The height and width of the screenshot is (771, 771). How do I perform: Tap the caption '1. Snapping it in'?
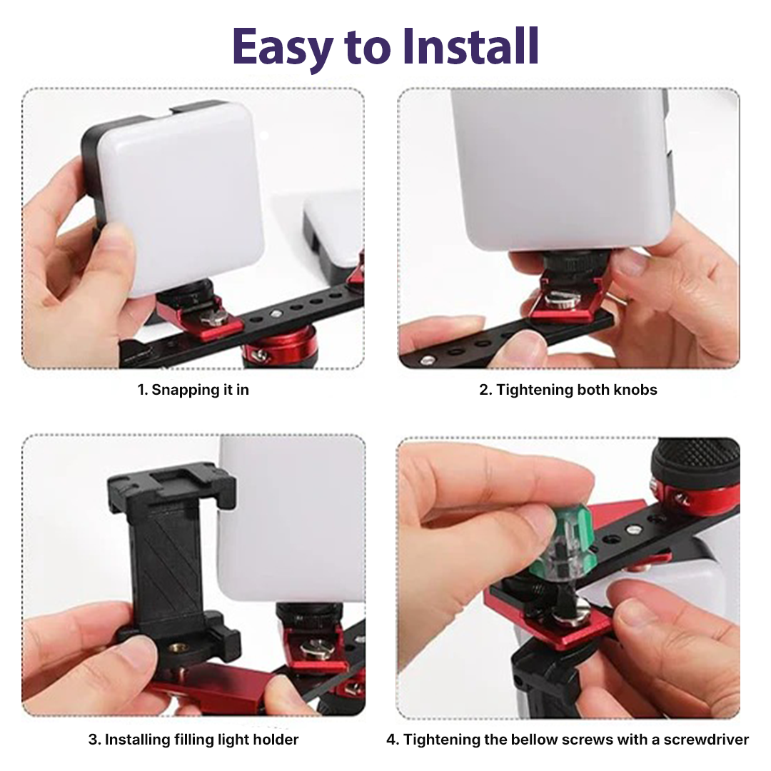193,390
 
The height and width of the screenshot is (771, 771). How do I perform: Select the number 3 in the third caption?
93,740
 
